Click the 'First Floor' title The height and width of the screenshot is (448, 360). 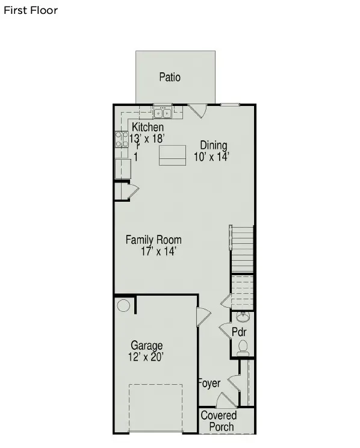(31, 10)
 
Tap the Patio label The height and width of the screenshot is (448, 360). (170, 77)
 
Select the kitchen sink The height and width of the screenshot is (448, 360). (162, 112)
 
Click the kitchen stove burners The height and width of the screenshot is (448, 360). (119, 140)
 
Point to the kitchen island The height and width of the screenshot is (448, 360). (172, 155)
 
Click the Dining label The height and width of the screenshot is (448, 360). (214, 145)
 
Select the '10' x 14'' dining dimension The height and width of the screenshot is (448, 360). (212, 157)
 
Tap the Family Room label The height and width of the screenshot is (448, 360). (153, 240)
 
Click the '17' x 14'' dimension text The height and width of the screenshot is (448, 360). (158, 252)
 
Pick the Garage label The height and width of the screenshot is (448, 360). (147, 346)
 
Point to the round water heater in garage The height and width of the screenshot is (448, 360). (123, 306)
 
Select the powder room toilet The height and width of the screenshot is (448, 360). (243, 346)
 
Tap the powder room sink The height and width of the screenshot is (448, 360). (243, 317)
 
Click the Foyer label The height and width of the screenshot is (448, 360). (209, 384)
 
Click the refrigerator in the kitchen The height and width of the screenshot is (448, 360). (123, 168)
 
